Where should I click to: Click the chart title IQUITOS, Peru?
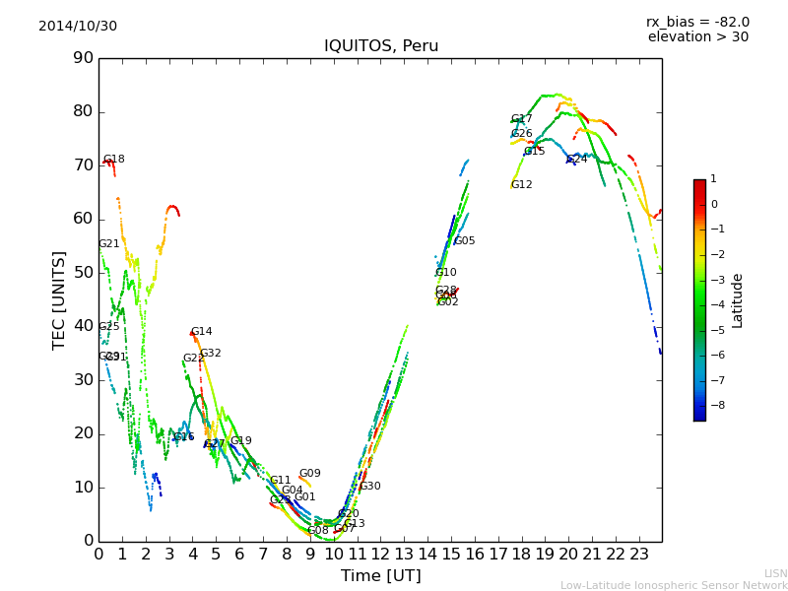pyautogui.click(x=381, y=46)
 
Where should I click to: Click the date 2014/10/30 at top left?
pyautogui.click(x=78, y=27)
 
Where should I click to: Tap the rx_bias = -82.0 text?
pyautogui.click(x=697, y=22)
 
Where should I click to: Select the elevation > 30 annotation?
pyautogui.click(x=697, y=37)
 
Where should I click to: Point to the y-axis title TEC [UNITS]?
pyautogui.click(x=59, y=299)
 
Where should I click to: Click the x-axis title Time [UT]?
pyautogui.click(x=380, y=576)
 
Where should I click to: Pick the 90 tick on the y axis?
pyautogui.click(x=83, y=58)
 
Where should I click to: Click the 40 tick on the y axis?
pyautogui.click(x=83, y=326)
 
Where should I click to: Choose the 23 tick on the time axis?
pyautogui.click(x=639, y=555)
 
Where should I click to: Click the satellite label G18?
pyautogui.click(x=114, y=160)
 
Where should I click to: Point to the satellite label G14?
pyautogui.click(x=201, y=332)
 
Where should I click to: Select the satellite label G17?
pyautogui.click(x=521, y=119)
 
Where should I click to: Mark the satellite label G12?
pyautogui.click(x=521, y=185)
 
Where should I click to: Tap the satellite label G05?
pyautogui.click(x=464, y=241)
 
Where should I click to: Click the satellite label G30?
pyautogui.click(x=369, y=487)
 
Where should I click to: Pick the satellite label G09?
pyautogui.click(x=309, y=474)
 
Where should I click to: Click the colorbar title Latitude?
pyautogui.click(x=738, y=300)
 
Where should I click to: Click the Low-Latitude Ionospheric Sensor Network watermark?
pyautogui.click(x=674, y=585)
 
